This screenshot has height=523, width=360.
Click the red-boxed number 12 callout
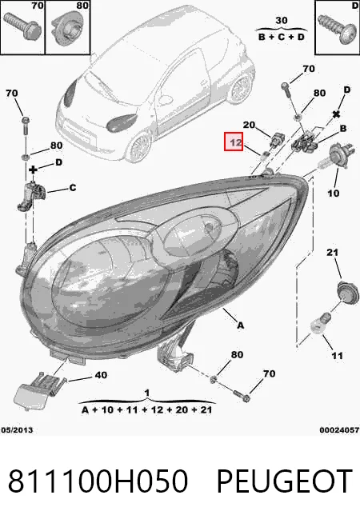[234, 142]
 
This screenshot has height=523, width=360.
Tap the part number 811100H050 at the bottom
[98, 481]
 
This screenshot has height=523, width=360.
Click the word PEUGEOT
[285, 481]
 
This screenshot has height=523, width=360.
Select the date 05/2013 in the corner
[17, 430]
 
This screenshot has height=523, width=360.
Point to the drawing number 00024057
[339, 430]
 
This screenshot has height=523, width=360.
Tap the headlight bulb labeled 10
[334, 158]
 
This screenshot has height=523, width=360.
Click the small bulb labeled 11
[321, 322]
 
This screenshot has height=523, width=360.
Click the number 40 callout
[101, 375]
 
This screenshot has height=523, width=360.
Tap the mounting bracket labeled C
[31, 197]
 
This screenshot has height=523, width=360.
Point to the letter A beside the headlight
[240, 325]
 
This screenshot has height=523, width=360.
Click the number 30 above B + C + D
[282, 21]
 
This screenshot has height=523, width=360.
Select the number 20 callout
[249, 125]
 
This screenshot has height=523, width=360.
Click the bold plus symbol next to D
[33, 170]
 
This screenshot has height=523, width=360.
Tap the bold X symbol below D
[336, 114]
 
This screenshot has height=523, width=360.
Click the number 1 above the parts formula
[147, 393]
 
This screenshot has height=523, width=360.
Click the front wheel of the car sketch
[138, 147]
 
